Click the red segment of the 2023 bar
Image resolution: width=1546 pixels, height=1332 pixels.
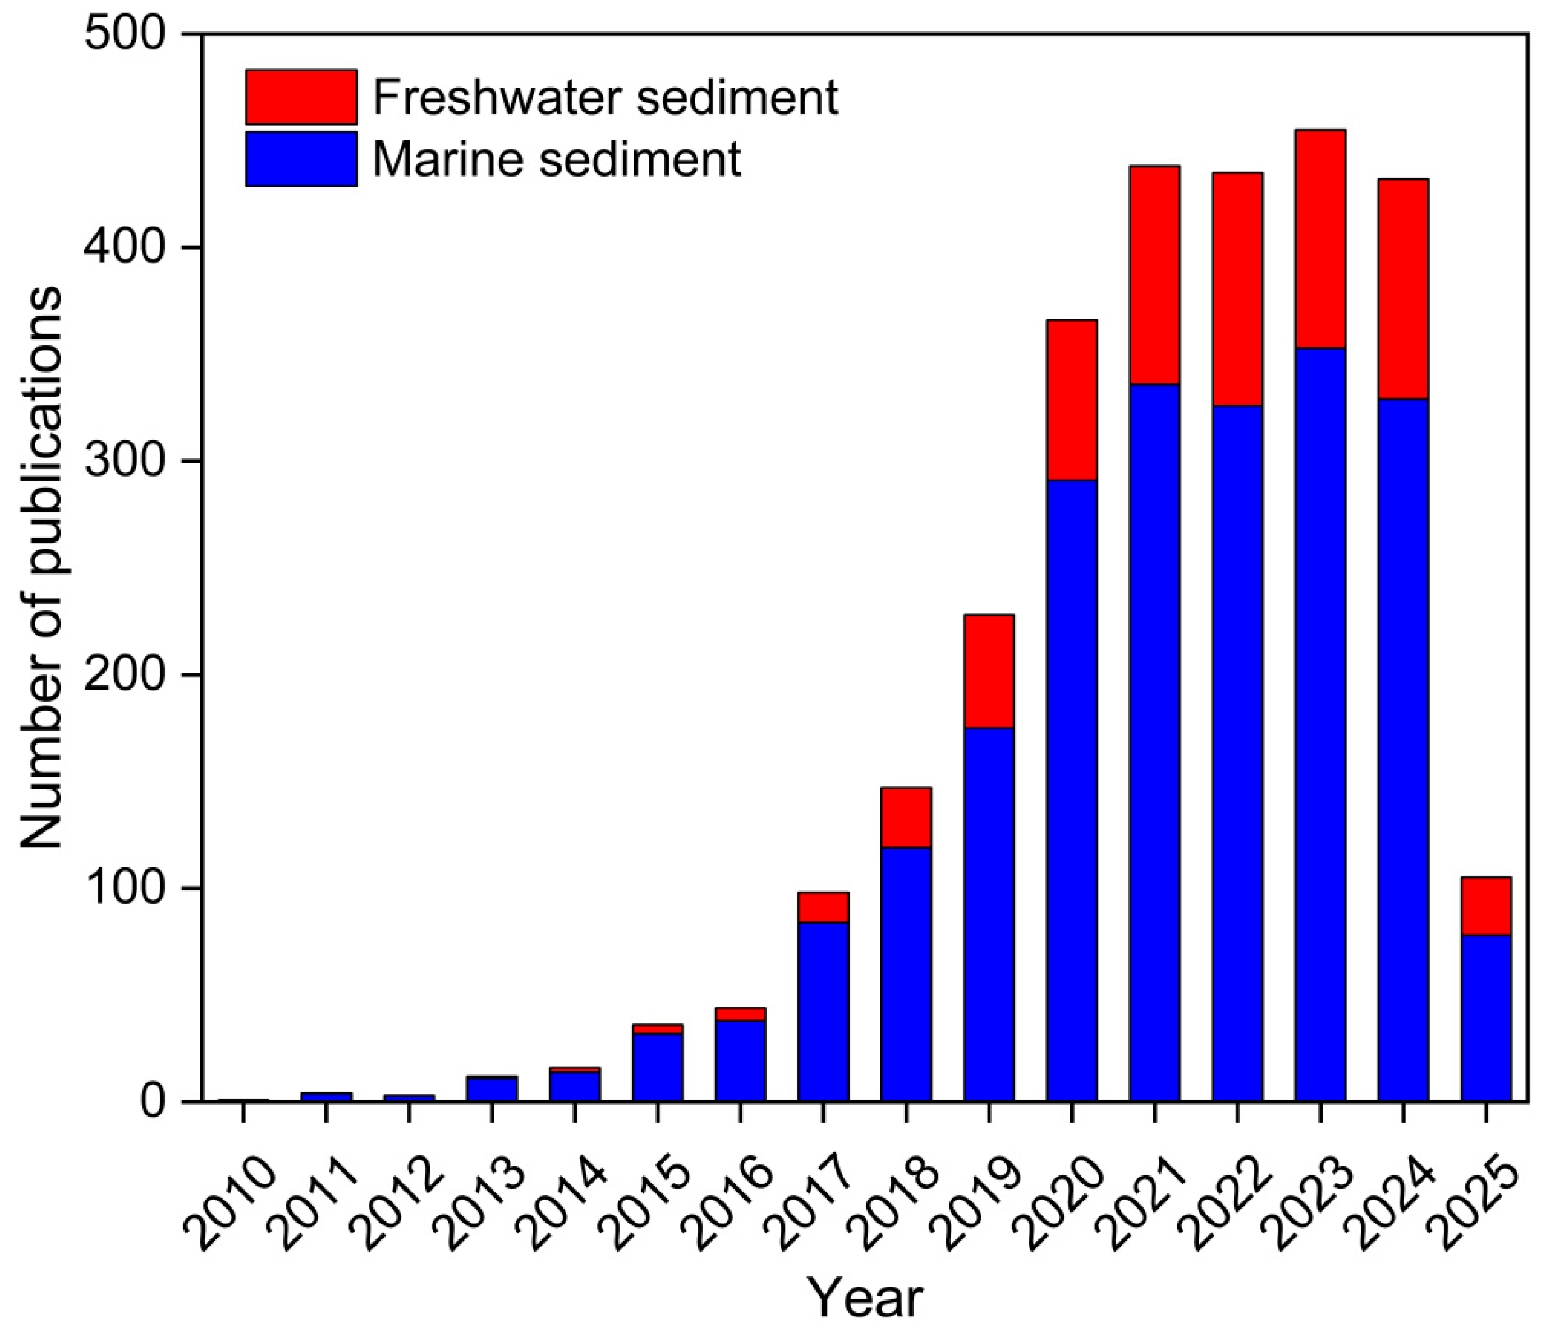(x=1320, y=239)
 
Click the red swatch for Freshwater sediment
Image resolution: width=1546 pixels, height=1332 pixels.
(x=301, y=97)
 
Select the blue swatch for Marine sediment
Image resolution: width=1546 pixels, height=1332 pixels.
(x=301, y=159)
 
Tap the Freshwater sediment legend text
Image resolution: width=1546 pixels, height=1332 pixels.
(x=605, y=97)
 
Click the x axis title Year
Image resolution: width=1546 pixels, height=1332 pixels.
(x=865, y=1299)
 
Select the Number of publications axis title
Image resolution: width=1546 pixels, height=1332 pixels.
(x=41, y=567)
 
